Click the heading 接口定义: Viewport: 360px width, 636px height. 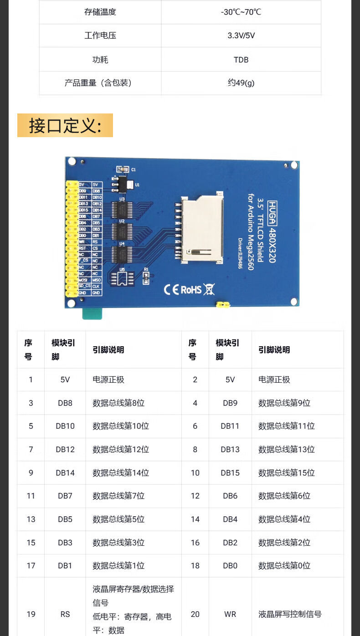[65, 125]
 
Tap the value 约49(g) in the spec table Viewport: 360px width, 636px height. [241, 83]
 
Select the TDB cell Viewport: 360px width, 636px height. [241, 60]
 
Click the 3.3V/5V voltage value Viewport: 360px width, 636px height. [241, 36]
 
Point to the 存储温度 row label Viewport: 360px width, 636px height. [100, 12]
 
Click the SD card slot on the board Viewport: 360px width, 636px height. [202, 229]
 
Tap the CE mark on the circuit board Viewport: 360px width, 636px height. [171, 289]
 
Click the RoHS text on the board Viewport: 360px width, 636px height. [191, 289]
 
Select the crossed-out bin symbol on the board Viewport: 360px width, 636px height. [209, 289]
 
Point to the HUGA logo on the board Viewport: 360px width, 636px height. [272, 213]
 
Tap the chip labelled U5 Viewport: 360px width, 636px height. [122, 279]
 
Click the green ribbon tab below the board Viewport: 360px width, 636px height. [92, 313]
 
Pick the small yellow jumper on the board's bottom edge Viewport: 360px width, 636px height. [222, 304]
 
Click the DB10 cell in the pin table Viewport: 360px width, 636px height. [65, 426]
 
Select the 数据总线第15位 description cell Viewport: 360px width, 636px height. [286, 473]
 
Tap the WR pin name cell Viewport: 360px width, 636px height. [230, 614]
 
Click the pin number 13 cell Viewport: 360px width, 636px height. [31, 519]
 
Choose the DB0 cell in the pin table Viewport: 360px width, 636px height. [230, 565]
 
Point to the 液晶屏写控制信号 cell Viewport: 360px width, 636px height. [290, 614]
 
